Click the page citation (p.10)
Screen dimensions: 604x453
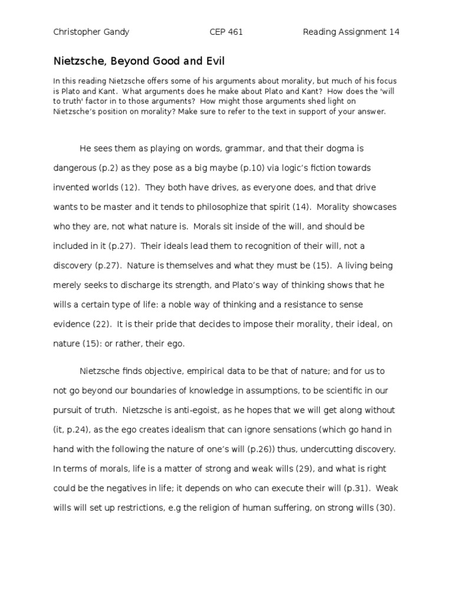[x=253, y=168]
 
